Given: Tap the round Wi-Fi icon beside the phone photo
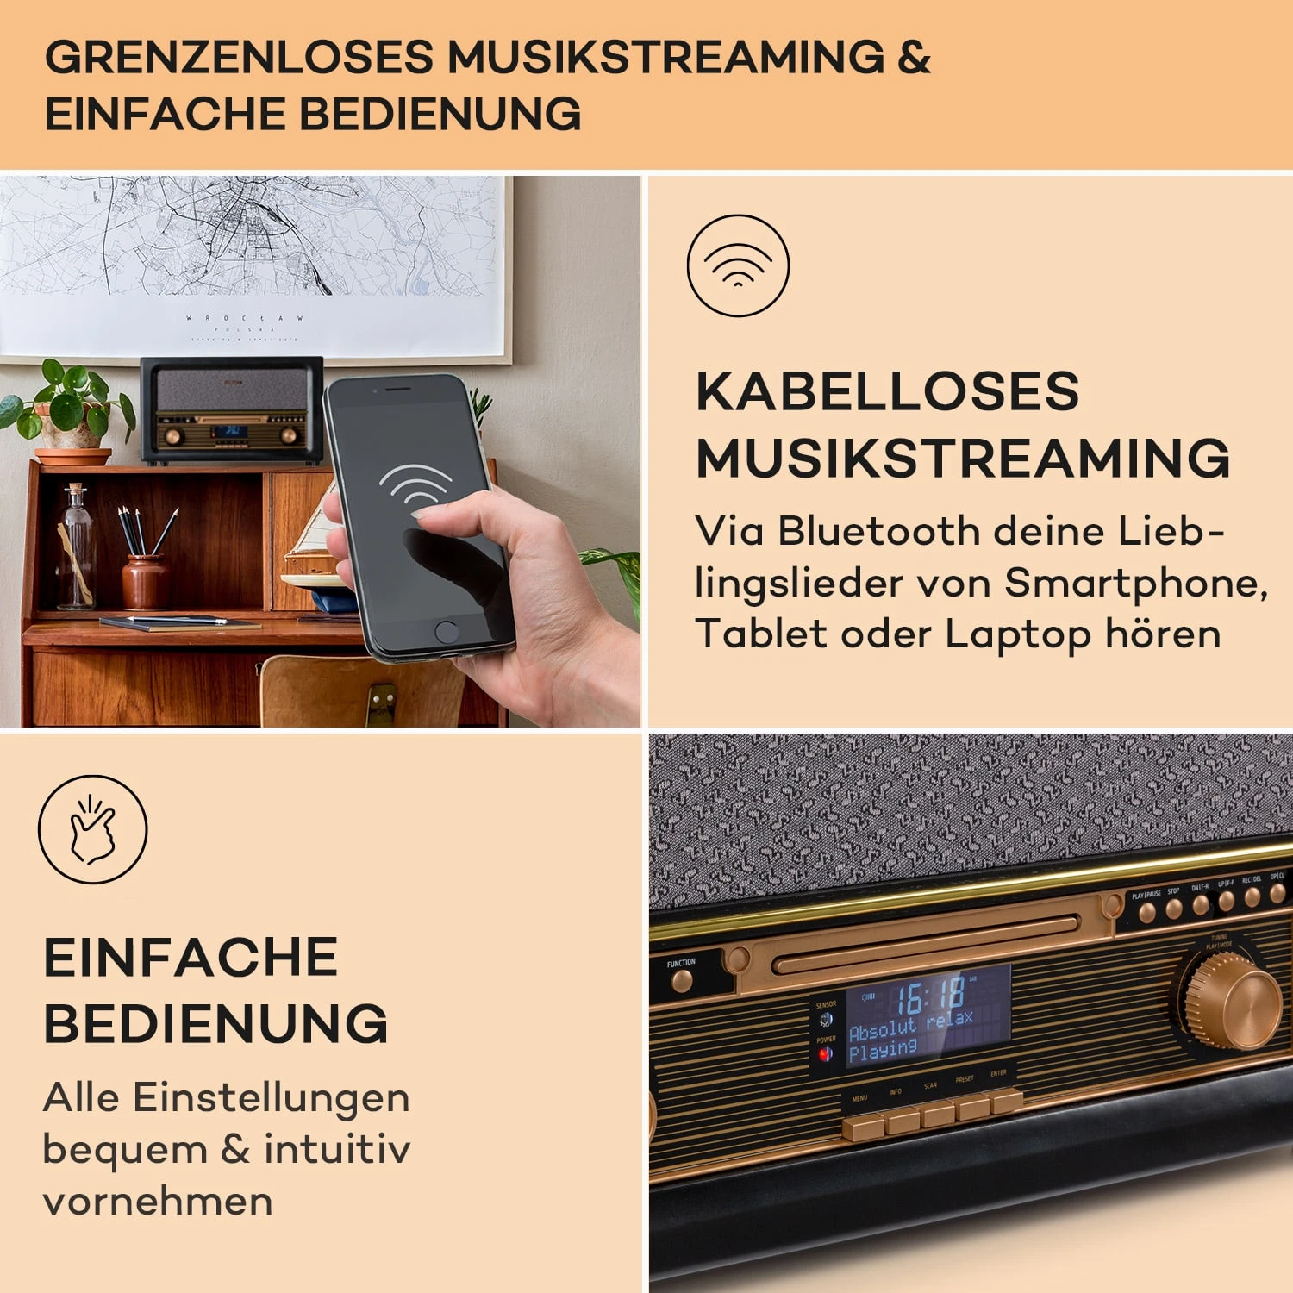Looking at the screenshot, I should pyautogui.click(x=738, y=265).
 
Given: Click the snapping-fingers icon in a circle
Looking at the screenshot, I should pyautogui.click(x=92, y=829).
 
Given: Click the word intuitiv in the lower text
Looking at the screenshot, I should pyautogui.click(x=337, y=1148).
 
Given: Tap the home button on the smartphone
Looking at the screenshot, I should pyautogui.click(x=447, y=631).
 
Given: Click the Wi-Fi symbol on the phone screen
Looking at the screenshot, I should pyautogui.click(x=415, y=487).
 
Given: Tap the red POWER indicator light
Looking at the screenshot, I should pyautogui.click(x=825, y=1054).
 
